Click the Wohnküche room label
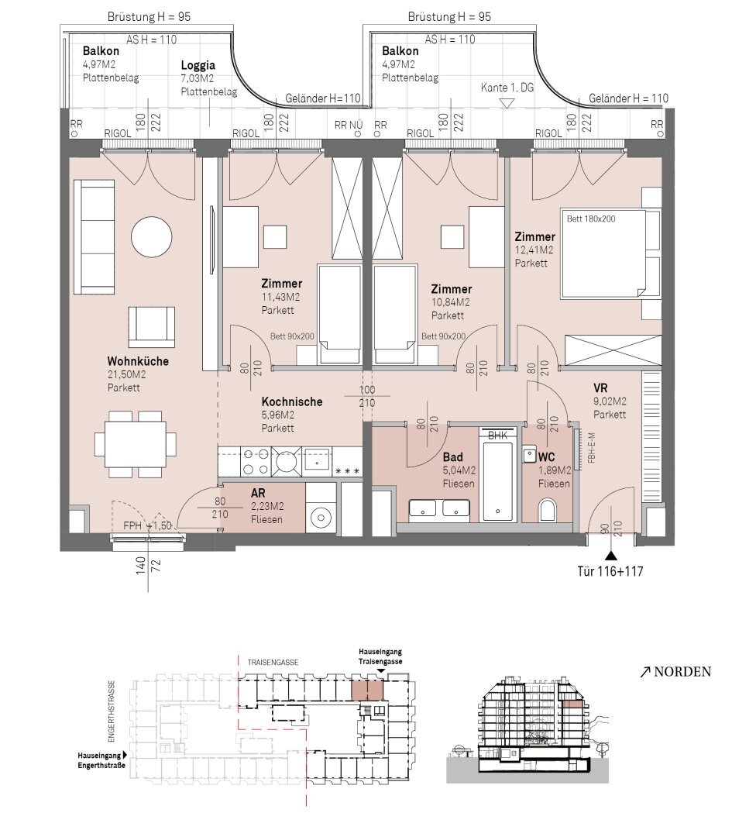pos(138,361)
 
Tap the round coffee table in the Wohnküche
pos(152,236)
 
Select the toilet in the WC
pos(548,510)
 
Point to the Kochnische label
pos(292,401)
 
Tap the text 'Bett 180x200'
pos(590,219)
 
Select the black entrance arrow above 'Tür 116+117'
pos(611,556)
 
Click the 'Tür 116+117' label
pos(610,571)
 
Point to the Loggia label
pos(198,65)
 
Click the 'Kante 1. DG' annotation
pos(507,88)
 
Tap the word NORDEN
pos(682,671)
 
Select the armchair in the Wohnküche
pos(152,327)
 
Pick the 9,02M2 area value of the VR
pos(610,401)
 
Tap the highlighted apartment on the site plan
pos(367,691)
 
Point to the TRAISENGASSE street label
pos(273,663)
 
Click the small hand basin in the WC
pos(529,455)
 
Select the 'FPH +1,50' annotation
pos(147,525)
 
